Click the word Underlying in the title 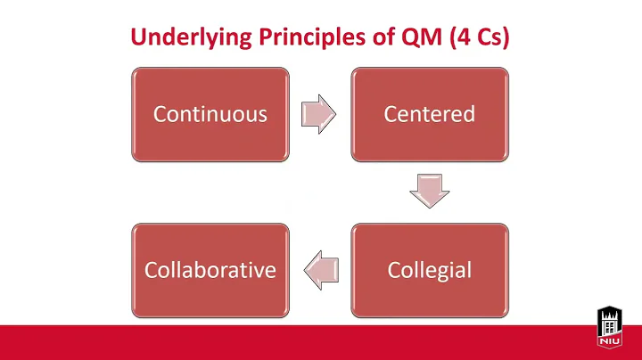(x=184, y=37)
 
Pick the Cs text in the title (x=473, y=37)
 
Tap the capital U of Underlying (x=138, y=37)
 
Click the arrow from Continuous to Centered (x=319, y=113)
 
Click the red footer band (x=294, y=342)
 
